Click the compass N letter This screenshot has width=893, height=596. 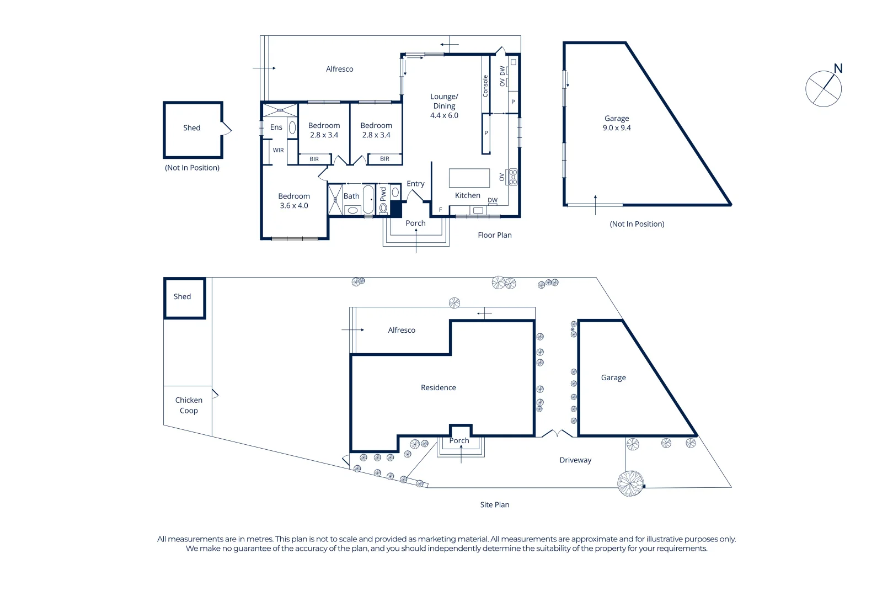tap(838, 68)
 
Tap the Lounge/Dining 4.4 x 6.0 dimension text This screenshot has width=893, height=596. tap(444, 115)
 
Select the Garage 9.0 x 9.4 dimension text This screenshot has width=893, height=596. tap(617, 128)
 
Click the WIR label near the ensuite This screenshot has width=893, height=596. tap(278, 150)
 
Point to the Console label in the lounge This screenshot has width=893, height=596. tap(485, 86)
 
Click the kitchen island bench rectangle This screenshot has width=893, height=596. tap(469, 178)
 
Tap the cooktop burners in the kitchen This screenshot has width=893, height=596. tap(513, 177)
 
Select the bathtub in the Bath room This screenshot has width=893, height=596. tap(368, 199)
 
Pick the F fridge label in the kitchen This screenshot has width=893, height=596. tap(440, 210)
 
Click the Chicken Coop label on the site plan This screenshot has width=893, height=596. tap(189, 405)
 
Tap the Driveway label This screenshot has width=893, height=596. tap(575, 460)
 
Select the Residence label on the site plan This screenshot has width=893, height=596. tap(438, 388)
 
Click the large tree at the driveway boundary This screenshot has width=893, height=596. tap(630, 483)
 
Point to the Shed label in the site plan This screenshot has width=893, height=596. tap(182, 297)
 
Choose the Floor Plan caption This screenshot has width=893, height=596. tap(494, 235)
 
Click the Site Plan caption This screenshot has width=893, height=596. tap(494, 505)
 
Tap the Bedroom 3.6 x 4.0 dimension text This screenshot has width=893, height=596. tap(293, 206)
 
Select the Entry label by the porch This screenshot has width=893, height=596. tap(415, 184)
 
